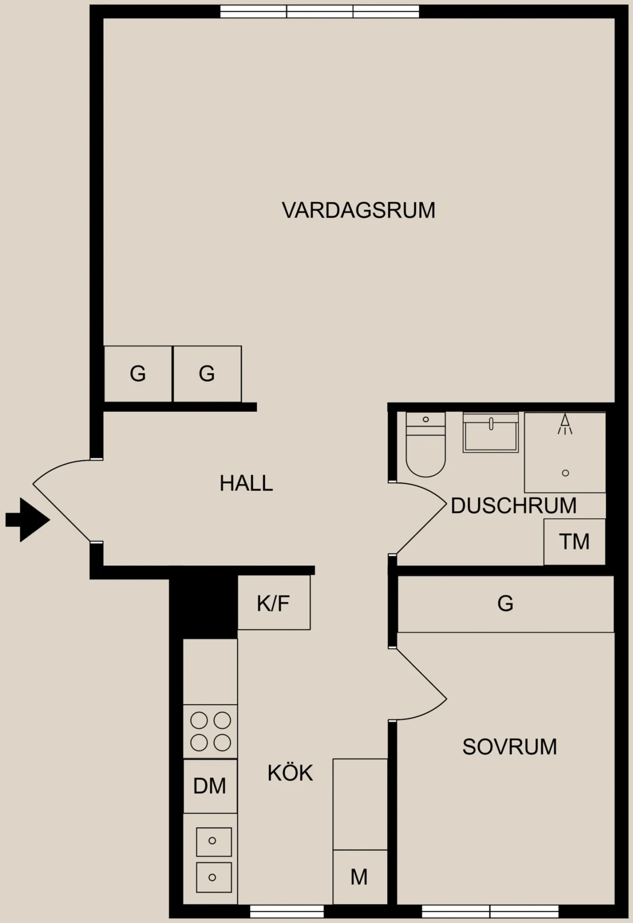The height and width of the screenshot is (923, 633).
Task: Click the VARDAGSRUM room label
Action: tap(358, 210)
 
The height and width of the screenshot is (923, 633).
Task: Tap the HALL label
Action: tap(246, 483)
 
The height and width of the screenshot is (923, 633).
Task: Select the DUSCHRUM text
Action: tap(513, 506)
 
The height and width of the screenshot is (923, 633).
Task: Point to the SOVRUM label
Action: tap(509, 747)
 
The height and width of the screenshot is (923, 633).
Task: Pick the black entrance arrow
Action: tap(28, 520)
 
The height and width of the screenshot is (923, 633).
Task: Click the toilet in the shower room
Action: tap(426, 444)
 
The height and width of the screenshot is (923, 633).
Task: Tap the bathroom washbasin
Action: tap(491, 432)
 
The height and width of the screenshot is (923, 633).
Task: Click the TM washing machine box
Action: tap(575, 542)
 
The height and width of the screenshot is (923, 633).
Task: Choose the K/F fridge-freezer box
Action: tap(274, 602)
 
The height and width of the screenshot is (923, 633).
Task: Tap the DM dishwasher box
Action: tap(210, 786)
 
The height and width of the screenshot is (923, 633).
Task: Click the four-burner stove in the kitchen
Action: tap(210, 731)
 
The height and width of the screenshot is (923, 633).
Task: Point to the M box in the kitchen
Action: tap(360, 877)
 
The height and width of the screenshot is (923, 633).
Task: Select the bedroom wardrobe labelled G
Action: tap(506, 604)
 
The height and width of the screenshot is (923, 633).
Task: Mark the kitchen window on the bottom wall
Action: tap(287, 912)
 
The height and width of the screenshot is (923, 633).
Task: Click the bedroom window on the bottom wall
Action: tap(490, 912)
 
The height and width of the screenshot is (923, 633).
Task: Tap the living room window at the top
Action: tap(320, 11)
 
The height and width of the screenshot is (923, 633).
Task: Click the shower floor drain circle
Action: tap(566, 473)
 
